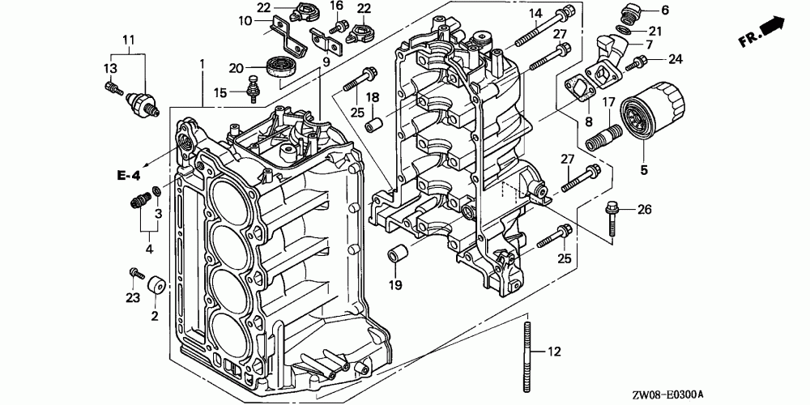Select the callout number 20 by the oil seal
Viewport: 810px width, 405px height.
pos(236,68)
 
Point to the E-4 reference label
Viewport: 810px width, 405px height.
pos(128,176)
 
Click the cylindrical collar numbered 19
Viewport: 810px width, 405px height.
pos(398,255)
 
